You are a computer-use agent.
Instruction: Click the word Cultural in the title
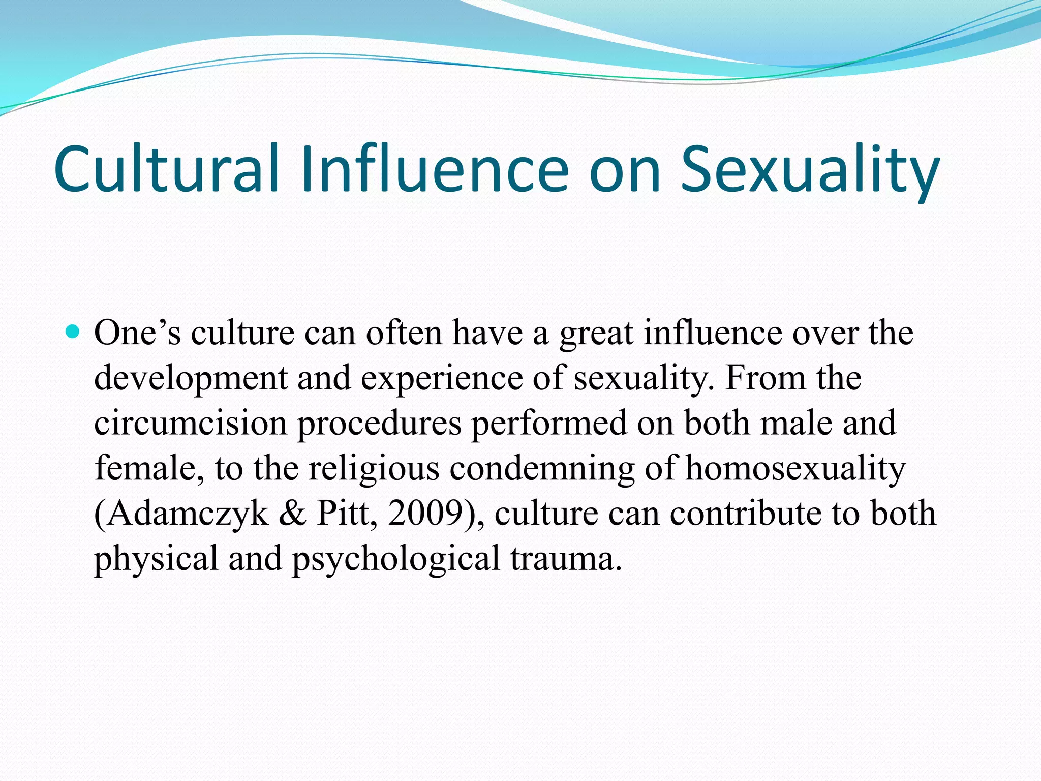(x=167, y=169)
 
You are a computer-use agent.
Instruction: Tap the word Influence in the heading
(x=434, y=169)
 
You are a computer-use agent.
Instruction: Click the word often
(x=405, y=334)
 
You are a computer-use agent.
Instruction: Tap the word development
(x=191, y=379)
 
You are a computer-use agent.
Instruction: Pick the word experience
(x=442, y=379)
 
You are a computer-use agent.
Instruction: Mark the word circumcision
(x=191, y=423)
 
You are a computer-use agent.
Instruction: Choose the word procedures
(x=379, y=424)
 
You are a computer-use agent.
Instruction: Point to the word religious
(x=374, y=469)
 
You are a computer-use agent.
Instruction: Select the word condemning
(x=542, y=469)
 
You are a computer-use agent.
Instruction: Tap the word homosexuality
(x=795, y=469)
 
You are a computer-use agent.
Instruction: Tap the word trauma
(x=566, y=558)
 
